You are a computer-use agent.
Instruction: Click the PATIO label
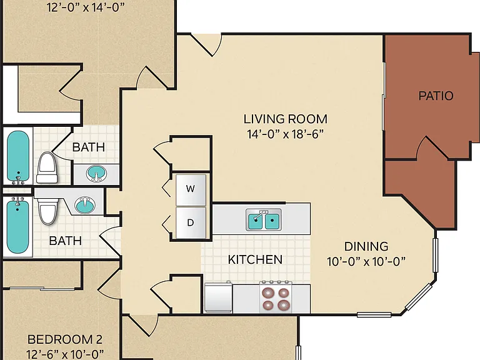pyautogui.click(x=436, y=96)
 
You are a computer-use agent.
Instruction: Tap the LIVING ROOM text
pyautogui.click(x=285, y=119)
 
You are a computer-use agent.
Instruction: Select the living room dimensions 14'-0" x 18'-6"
pyautogui.click(x=285, y=134)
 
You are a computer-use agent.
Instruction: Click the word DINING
pyautogui.click(x=366, y=246)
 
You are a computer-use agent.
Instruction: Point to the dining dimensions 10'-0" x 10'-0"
pyautogui.click(x=366, y=262)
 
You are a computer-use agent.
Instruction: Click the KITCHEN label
pyautogui.click(x=255, y=259)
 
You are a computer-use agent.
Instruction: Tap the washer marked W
pyautogui.click(x=191, y=190)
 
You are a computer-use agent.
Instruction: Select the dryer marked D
pyautogui.click(x=191, y=223)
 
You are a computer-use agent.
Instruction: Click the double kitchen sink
pyautogui.click(x=264, y=221)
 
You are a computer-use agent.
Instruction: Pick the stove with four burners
pyautogui.click(x=276, y=297)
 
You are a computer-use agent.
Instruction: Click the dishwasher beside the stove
pyautogui.click(x=219, y=297)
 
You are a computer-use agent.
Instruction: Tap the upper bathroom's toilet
pyautogui.click(x=47, y=167)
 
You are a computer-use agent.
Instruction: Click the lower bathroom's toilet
pyautogui.click(x=47, y=211)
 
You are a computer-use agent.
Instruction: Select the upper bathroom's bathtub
pyautogui.click(x=18, y=157)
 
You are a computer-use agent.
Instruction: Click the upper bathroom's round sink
pyautogui.click(x=96, y=174)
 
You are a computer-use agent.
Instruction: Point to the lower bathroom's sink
pyautogui.click(x=85, y=205)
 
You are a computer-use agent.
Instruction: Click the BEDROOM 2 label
pyautogui.click(x=65, y=339)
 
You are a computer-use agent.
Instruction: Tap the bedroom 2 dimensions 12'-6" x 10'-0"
pyautogui.click(x=65, y=354)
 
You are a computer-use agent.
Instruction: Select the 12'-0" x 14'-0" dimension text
pyautogui.click(x=86, y=7)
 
